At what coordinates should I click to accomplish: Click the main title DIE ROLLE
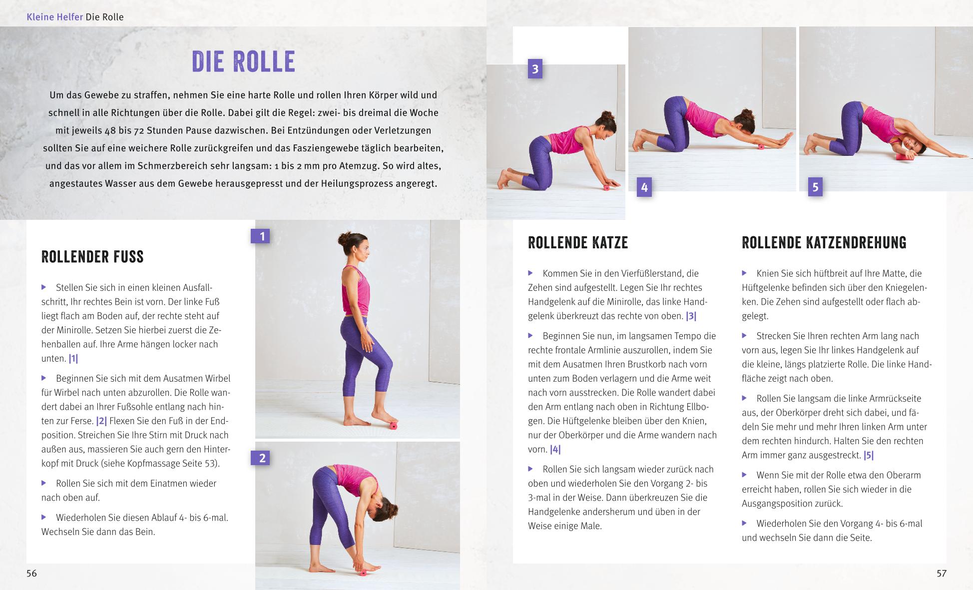coord(243,61)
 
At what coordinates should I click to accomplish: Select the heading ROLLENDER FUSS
coord(92,257)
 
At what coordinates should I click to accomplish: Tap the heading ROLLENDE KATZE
coord(578,243)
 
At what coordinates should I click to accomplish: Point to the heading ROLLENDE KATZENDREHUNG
coord(824,243)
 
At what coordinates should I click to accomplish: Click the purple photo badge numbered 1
coord(260,236)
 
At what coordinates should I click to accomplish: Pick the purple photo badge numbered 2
coord(260,458)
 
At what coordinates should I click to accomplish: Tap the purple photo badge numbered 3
coord(535,69)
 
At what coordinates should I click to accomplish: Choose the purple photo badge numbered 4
coord(644,187)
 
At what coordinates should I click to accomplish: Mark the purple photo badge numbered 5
coord(815,187)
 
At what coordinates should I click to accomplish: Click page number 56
coord(31,574)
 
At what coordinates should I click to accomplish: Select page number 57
coord(941,574)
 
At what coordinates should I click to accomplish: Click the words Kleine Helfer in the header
coord(54,17)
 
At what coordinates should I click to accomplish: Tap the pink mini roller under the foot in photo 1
coord(394,426)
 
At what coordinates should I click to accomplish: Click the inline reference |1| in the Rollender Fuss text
coord(73,359)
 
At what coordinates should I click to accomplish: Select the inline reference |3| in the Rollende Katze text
coord(691,316)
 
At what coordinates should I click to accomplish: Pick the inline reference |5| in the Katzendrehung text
coord(869,456)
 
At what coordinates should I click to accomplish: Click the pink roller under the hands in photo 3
coord(607,188)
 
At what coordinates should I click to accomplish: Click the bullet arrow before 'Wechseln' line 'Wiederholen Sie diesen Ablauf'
coord(44,518)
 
